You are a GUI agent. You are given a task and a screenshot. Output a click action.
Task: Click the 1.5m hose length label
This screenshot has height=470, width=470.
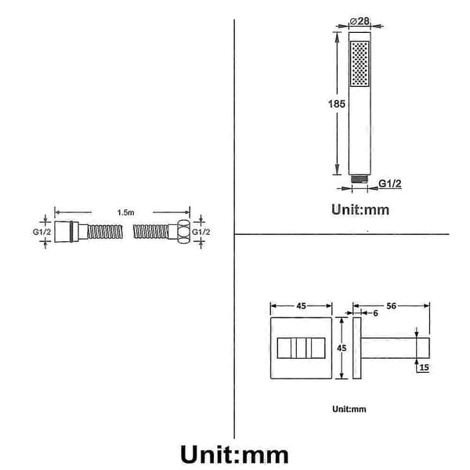(125, 212)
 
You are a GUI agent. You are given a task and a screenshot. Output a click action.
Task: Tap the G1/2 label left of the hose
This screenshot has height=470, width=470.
(42, 232)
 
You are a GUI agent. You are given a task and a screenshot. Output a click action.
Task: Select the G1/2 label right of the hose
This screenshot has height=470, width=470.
(201, 232)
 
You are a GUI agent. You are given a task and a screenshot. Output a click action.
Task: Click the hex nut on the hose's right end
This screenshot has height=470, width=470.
(183, 231)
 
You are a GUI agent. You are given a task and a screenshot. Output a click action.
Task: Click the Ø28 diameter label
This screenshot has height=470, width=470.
(360, 21)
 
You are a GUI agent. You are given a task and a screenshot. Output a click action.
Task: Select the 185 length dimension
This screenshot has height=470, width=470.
(337, 104)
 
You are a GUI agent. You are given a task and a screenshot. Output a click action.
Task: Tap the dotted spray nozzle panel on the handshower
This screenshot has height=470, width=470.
(360, 64)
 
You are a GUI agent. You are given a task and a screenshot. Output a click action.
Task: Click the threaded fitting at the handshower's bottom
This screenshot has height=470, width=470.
(360, 179)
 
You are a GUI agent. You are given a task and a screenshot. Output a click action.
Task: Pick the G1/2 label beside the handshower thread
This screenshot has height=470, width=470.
(389, 183)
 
